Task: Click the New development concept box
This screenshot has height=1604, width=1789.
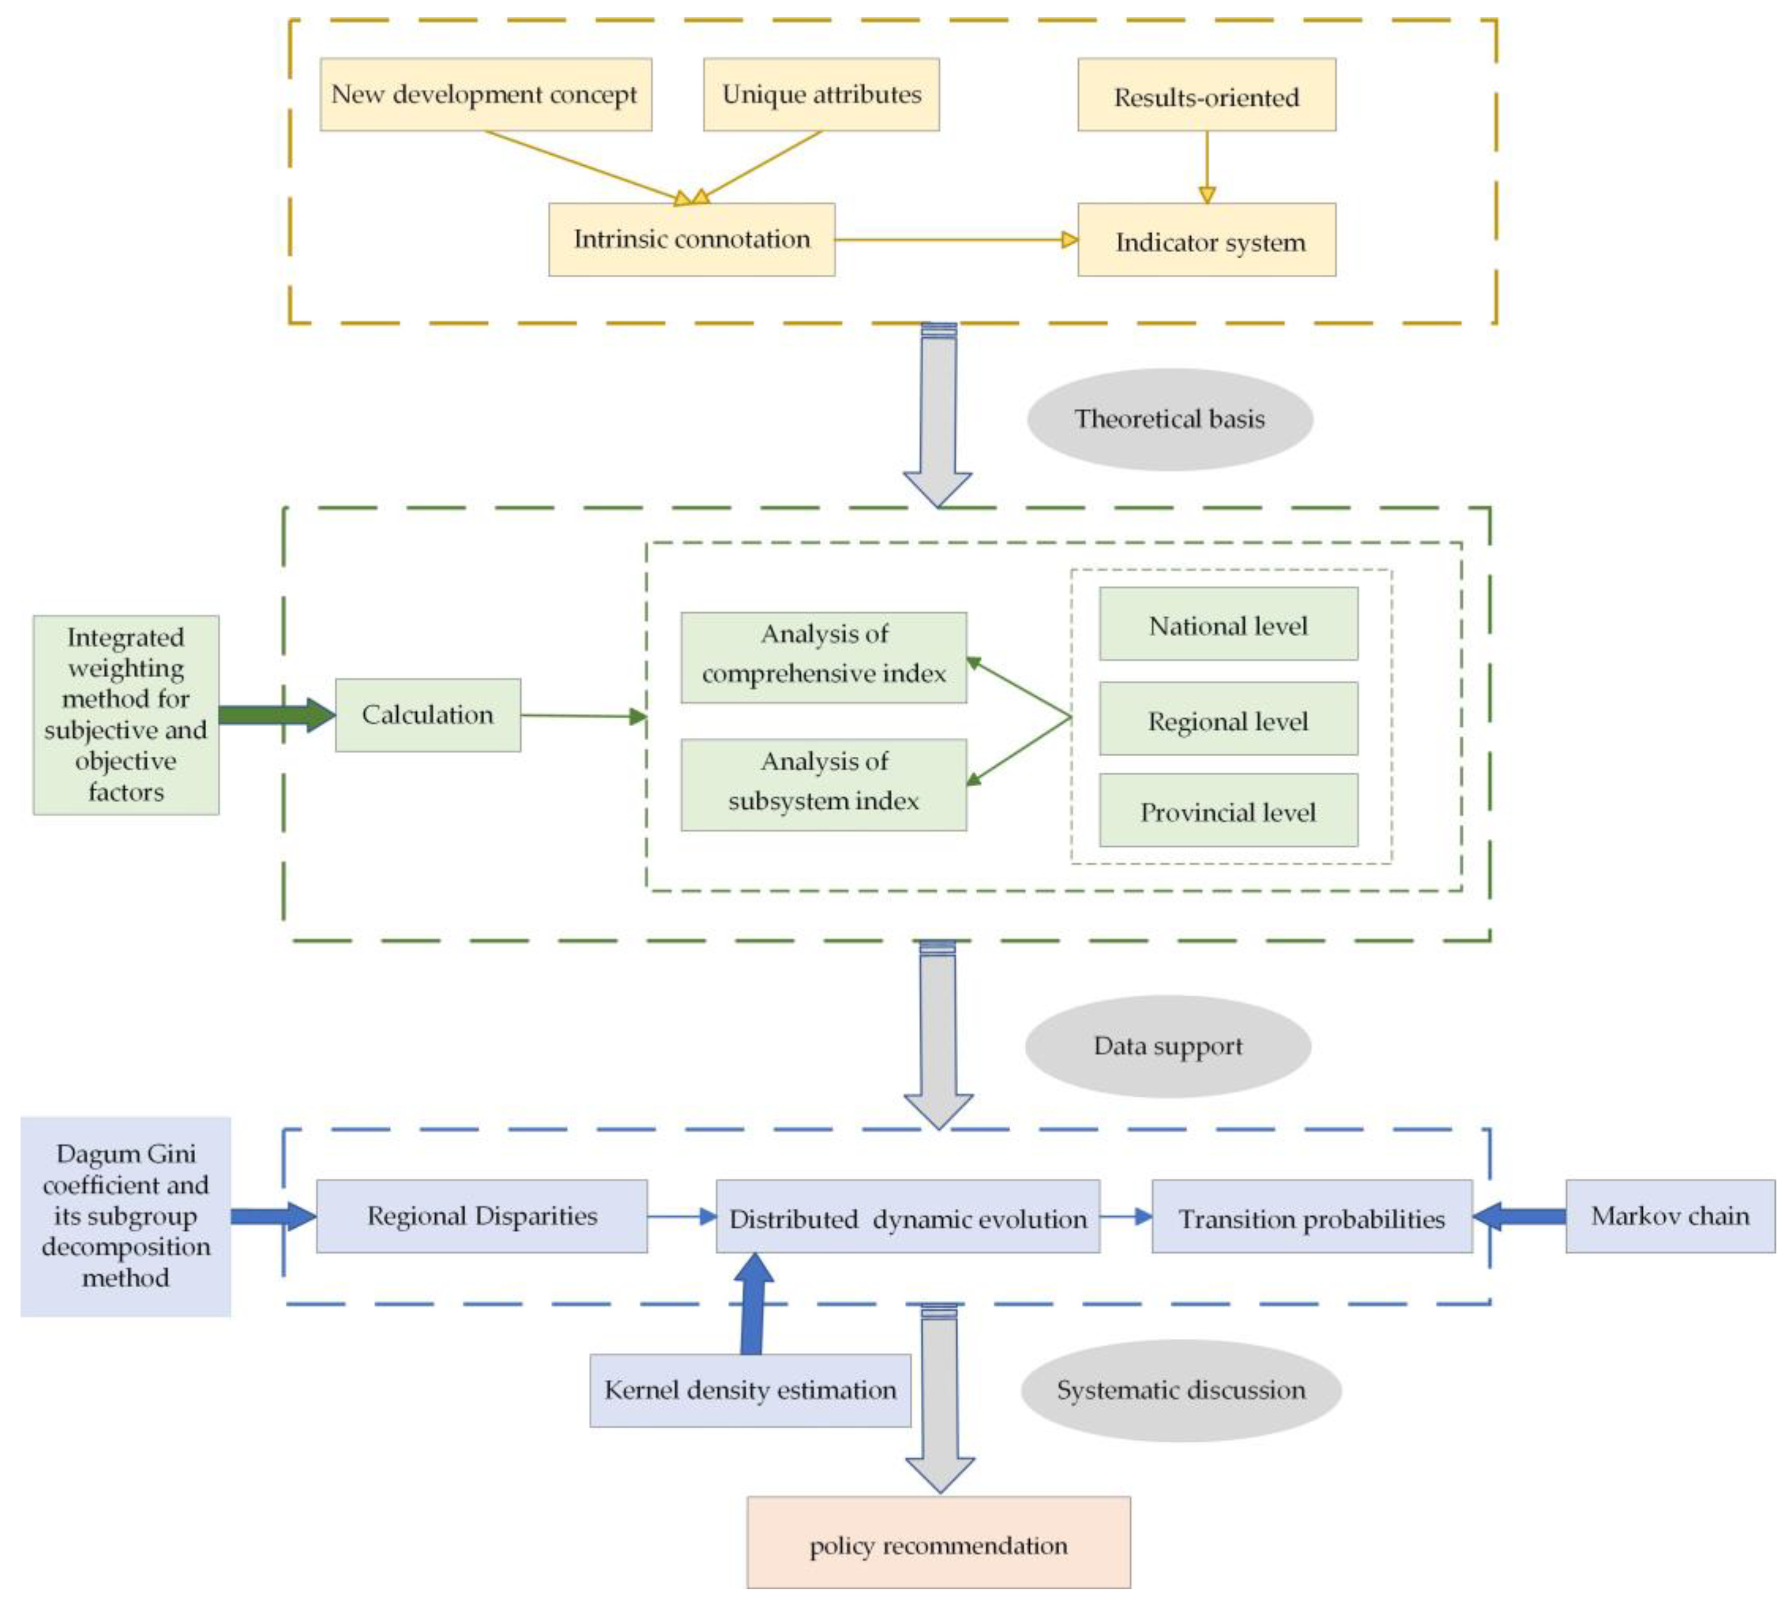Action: coord(486,94)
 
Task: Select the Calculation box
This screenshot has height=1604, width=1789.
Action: coord(427,715)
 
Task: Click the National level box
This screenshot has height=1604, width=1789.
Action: coord(1228,624)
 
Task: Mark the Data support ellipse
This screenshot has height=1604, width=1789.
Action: coord(1167,1046)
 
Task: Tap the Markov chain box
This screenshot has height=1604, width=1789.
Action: coord(1669,1216)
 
